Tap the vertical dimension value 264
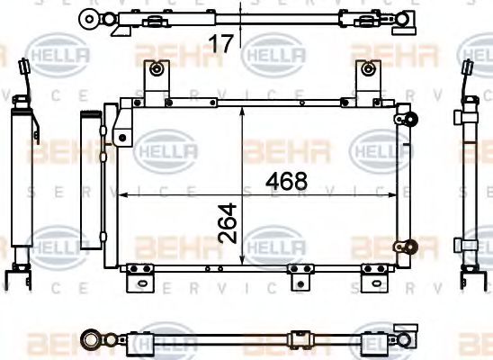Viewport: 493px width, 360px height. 229,222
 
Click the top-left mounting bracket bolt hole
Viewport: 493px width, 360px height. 157,69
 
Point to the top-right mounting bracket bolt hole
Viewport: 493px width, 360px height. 367,69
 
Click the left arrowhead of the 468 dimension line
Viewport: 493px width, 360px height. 124,193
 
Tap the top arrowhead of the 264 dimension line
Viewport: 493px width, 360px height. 243,109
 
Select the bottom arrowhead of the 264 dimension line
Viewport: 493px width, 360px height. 243,263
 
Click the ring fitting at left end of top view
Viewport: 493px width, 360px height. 88,17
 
